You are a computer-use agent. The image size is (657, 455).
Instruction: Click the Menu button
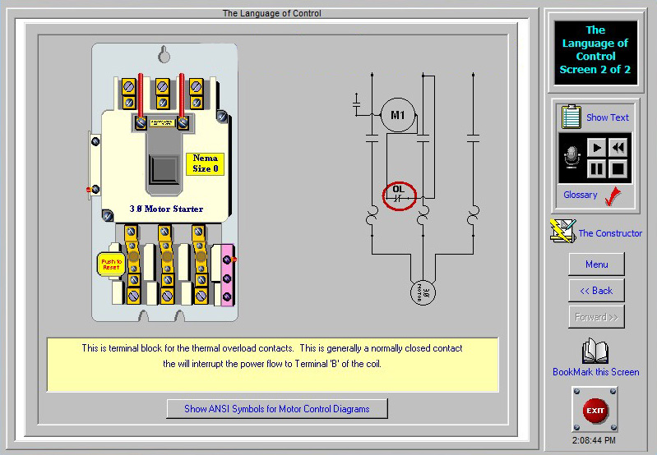596,264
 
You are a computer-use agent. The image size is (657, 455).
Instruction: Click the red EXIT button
595,410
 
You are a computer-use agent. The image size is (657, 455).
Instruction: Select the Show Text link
607,117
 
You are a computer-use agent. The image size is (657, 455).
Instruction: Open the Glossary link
581,195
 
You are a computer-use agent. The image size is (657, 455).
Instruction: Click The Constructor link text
610,233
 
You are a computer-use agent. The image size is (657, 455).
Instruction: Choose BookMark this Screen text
595,372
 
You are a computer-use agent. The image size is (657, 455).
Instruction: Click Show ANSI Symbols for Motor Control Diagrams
276,408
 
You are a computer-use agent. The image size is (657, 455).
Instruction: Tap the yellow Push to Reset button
109,264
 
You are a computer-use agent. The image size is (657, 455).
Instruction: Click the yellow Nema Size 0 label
205,163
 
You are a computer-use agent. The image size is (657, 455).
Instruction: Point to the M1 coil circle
398,116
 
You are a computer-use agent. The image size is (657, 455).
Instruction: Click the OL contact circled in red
400,195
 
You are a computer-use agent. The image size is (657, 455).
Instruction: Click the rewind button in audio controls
618,148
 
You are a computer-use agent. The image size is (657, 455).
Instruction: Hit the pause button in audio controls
596,169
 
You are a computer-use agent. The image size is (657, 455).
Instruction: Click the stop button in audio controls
618,169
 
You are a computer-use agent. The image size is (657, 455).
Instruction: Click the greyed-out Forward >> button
596,317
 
